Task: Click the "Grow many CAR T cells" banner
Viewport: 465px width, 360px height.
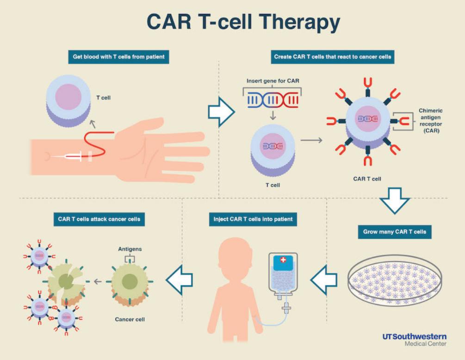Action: (x=394, y=231)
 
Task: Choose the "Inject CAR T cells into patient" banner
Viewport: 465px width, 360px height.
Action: (x=253, y=218)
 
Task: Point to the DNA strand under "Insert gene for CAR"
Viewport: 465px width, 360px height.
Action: (x=273, y=100)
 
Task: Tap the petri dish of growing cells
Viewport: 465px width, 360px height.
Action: (x=394, y=280)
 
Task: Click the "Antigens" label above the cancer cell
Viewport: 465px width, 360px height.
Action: (x=130, y=249)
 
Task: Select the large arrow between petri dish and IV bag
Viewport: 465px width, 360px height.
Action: (x=326, y=280)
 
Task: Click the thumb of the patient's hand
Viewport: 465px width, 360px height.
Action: (x=143, y=126)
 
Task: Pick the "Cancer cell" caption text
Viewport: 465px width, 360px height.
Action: (x=130, y=319)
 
